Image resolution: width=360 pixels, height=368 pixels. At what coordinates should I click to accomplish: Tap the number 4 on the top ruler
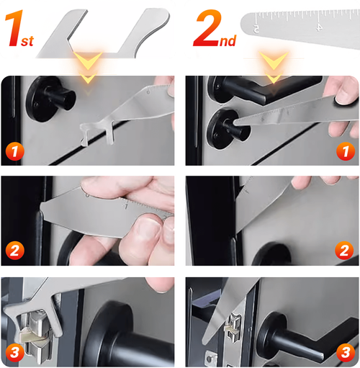(x=320, y=26)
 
